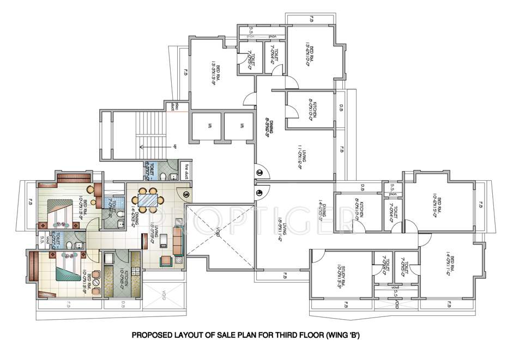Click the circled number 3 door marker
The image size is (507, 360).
click(x=260, y=173)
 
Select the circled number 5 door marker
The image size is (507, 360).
click(x=186, y=193)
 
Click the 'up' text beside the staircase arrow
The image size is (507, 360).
click(x=176, y=146)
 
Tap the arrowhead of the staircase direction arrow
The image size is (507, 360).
click(x=141, y=146)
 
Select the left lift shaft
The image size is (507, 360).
click(x=206, y=126)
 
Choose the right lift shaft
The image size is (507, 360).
click(x=239, y=126)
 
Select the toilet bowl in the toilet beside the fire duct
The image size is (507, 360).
click(x=166, y=175)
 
